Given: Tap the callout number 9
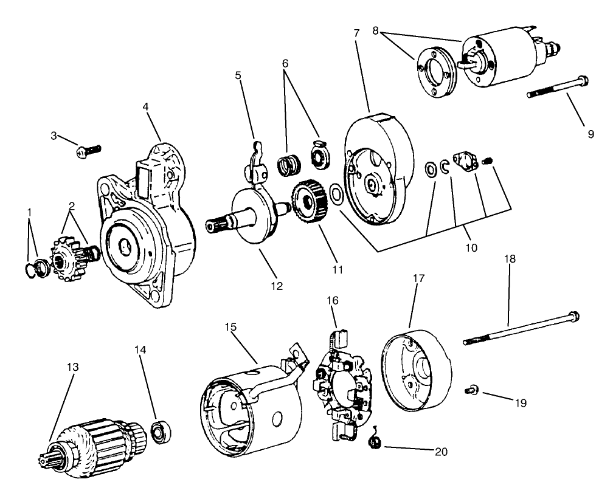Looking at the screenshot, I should [590, 134].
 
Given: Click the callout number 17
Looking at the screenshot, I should [419, 277].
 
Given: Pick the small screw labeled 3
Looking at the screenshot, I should [89, 150].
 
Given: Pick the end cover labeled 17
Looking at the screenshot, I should [417, 371].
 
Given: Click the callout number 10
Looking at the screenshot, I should [471, 248].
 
